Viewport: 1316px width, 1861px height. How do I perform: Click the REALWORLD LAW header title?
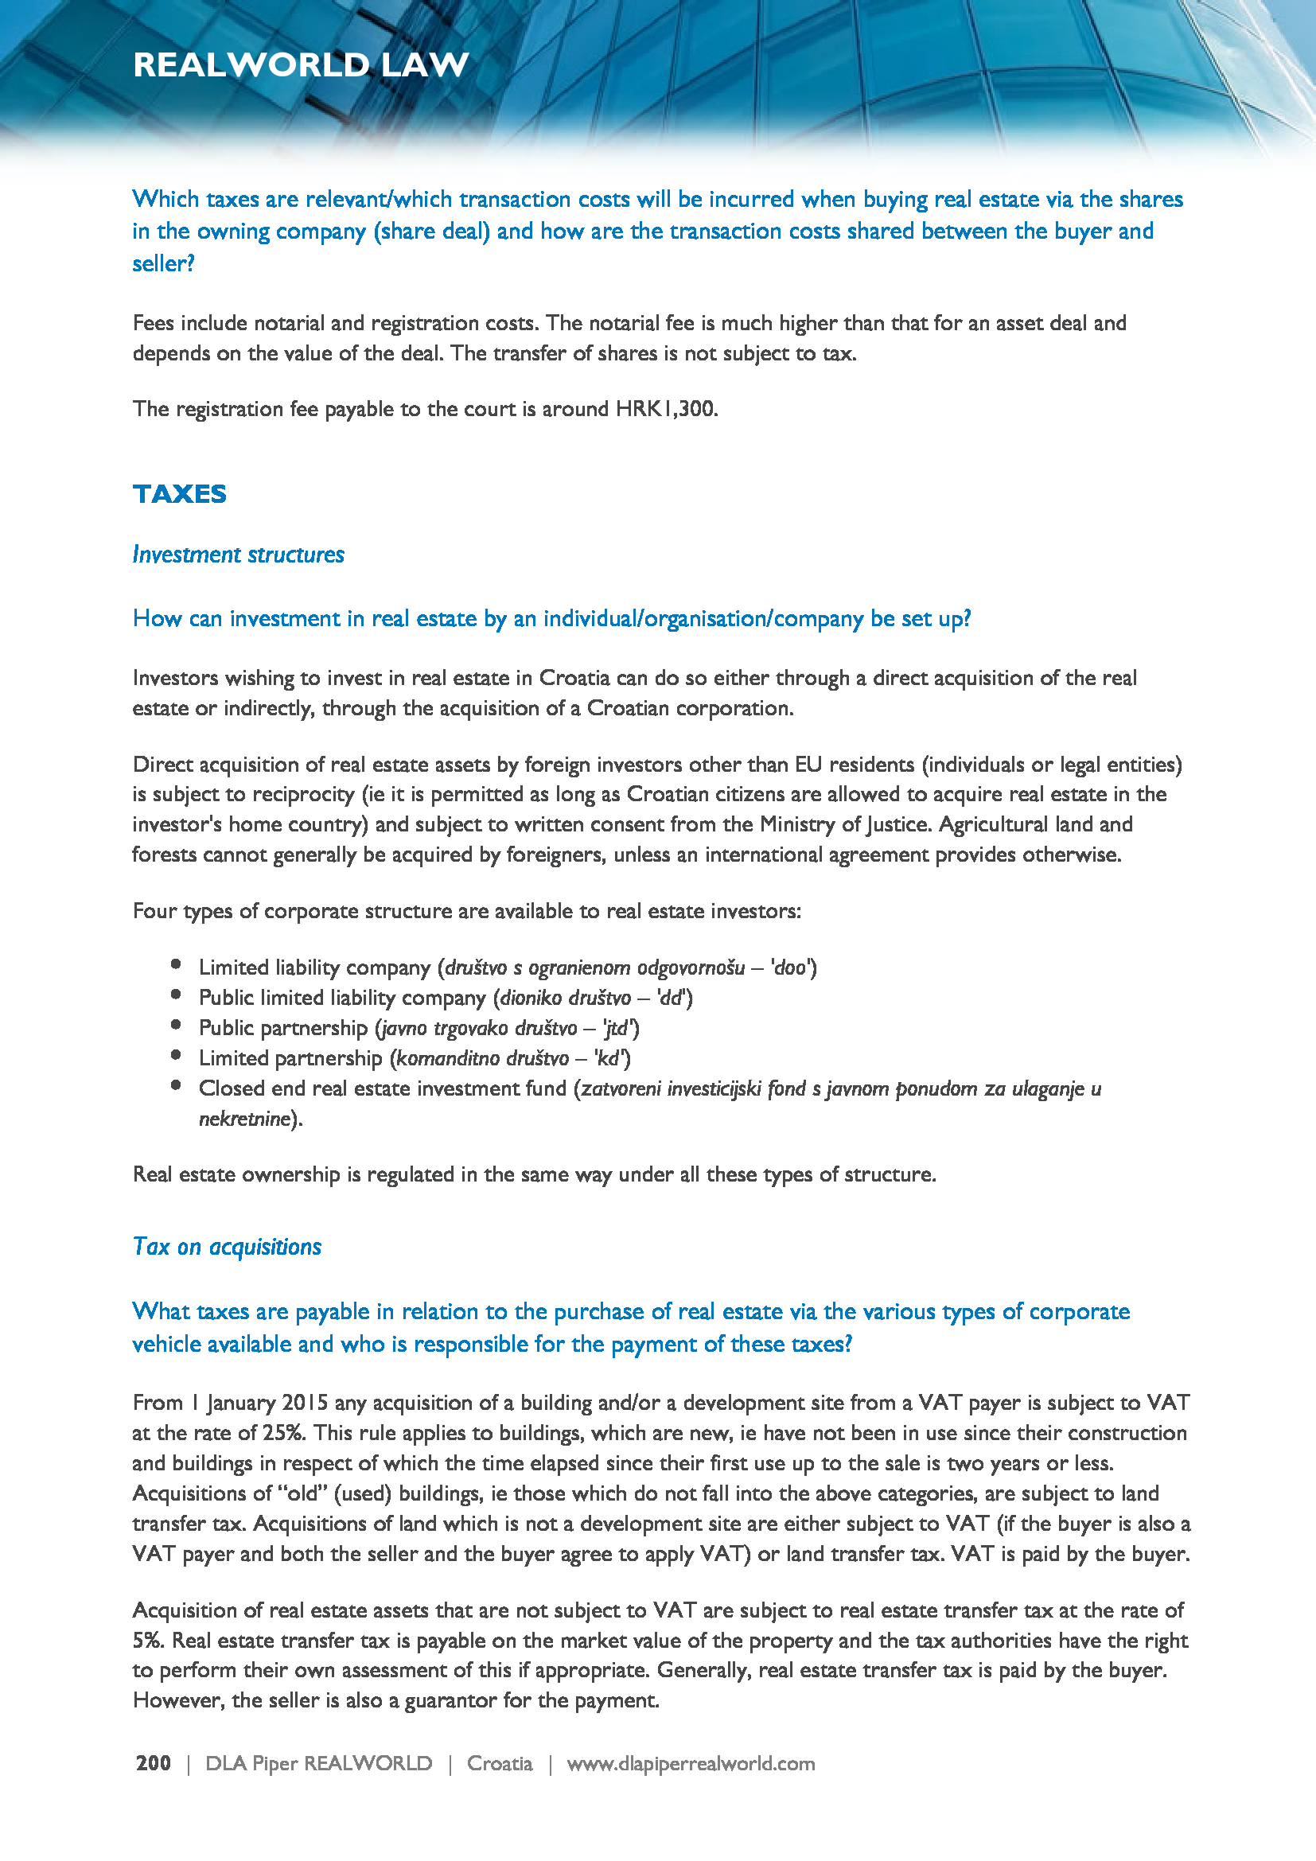pyautogui.click(x=301, y=64)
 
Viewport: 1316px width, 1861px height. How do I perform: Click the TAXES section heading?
pyautogui.click(x=179, y=493)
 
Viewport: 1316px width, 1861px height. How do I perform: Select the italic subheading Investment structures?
pyautogui.click(x=238, y=555)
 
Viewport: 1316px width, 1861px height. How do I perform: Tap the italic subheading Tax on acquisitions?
pyautogui.click(x=227, y=1247)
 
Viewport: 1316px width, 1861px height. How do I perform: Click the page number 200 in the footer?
pyautogui.click(x=153, y=1763)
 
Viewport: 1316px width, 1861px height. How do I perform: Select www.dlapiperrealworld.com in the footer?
pyautogui.click(x=691, y=1763)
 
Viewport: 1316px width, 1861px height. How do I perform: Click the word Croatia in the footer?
pyautogui.click(x=499, y=1763)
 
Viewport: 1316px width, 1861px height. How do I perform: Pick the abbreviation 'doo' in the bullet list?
pyautogui.click(x=790, y=967)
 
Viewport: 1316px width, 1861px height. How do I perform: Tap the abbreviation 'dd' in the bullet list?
pyautogui.click(x=670, y=998)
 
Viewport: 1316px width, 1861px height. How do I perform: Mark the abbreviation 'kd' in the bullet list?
pyautogui.click(x=609, y=1057)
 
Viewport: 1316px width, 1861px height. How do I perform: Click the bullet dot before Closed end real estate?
pyautogui.click(x=176, y=1086)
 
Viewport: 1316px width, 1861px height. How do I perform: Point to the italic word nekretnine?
pyautogui.click(x=244, y=1119)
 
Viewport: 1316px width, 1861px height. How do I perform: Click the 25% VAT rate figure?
pyautogui.click(x=282, y=1432)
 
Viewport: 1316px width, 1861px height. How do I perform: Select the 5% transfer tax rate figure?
pyautogui.click(x=147, y=1641)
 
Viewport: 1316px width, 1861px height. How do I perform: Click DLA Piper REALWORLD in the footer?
pyautogui.click(x=318, y=1763)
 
